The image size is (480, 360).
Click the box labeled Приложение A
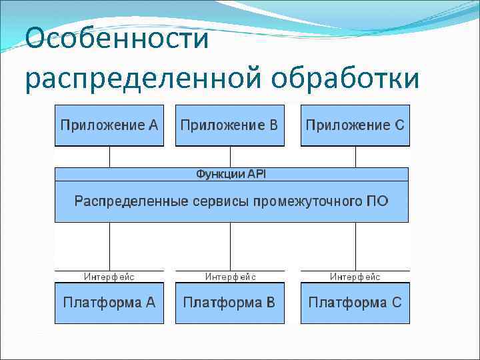[x=109, y=125]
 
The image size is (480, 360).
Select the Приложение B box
[x=229, y=125]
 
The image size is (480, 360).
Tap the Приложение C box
[x=355, y=125]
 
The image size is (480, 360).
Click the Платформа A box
[x=109, y=303]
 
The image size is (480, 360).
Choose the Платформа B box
[x=229, y=303]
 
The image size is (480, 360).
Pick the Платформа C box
[x=355, y=303]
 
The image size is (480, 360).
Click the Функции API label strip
[x=231, y=174]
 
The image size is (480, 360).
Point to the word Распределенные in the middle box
[x=131, y=201]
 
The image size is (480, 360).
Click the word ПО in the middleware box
[x=377, y=201]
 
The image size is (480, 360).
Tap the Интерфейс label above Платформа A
[x=109, y=277]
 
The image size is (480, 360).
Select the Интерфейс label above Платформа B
[x=230, y=277]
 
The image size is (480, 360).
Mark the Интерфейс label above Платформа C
[x=355, y=277]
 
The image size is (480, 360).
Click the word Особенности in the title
[x=117, y=38]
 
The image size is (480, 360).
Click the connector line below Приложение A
[x=109, y=157]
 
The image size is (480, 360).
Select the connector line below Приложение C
[x=355, y=157]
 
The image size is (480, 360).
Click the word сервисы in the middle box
[x=219, y=201]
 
